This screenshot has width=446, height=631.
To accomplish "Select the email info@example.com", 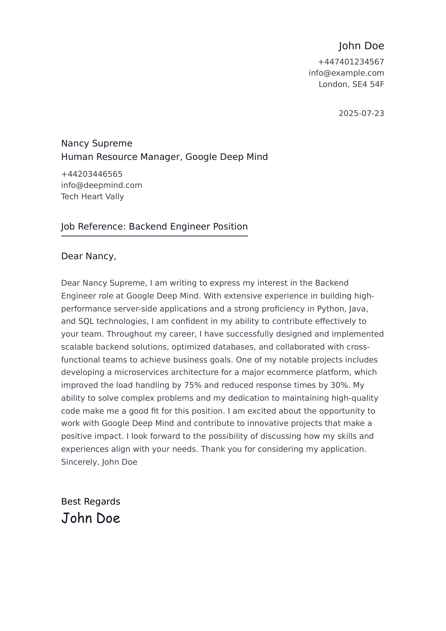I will click(346, 73).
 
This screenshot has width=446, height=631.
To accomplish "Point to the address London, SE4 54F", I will click(351, 84).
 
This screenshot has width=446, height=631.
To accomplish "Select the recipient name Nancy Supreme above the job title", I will click(97, 144).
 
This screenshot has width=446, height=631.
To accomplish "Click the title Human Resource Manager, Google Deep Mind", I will click(164, 157).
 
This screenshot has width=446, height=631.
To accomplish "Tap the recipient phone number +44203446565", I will click(92, 174).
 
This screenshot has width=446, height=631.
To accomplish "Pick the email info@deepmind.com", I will click(102, 186).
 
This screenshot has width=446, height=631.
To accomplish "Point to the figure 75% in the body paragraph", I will click(193, 385).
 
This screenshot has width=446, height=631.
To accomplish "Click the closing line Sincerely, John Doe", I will click(99, 462).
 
